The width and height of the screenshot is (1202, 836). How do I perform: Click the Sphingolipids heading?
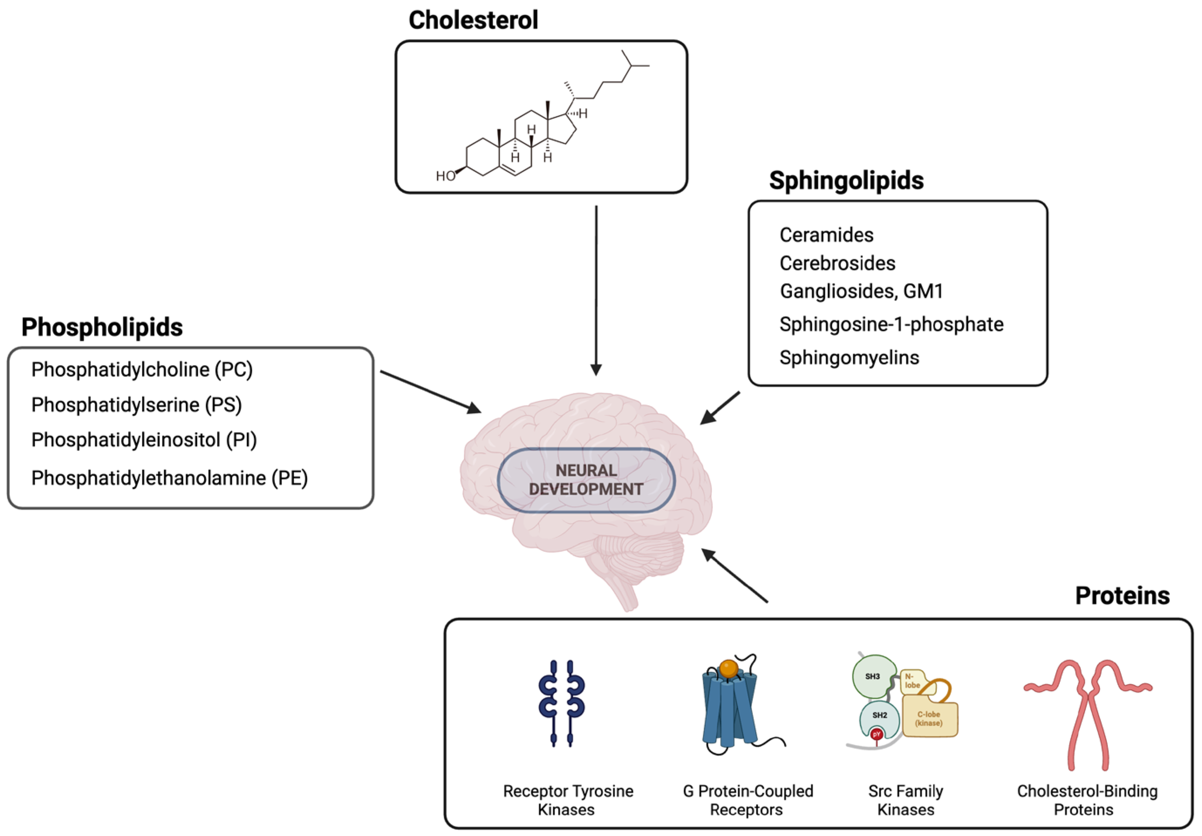click(846, 180)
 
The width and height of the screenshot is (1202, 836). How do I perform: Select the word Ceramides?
click(826, 235)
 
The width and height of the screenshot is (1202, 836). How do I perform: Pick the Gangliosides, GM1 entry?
click(861, 291)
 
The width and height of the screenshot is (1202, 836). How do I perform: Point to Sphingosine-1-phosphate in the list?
click(891, 325)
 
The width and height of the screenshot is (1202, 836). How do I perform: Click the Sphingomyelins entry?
click(848, 358)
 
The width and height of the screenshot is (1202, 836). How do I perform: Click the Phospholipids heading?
click(102, 327)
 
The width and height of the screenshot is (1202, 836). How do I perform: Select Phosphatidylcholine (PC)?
click(142, 370)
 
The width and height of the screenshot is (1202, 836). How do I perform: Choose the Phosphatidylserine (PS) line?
click(136, 405)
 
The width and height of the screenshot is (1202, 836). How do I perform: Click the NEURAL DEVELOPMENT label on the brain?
click(586, 480)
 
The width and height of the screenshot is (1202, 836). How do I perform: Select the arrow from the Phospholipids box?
click(430, 392)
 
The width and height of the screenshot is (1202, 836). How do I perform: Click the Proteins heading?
click(1122, 596)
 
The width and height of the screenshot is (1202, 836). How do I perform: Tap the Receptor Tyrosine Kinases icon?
click(562, 703)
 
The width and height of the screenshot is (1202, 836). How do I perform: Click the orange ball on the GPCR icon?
click(728, 668)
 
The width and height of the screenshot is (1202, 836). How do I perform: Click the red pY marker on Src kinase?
click(876, 734)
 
